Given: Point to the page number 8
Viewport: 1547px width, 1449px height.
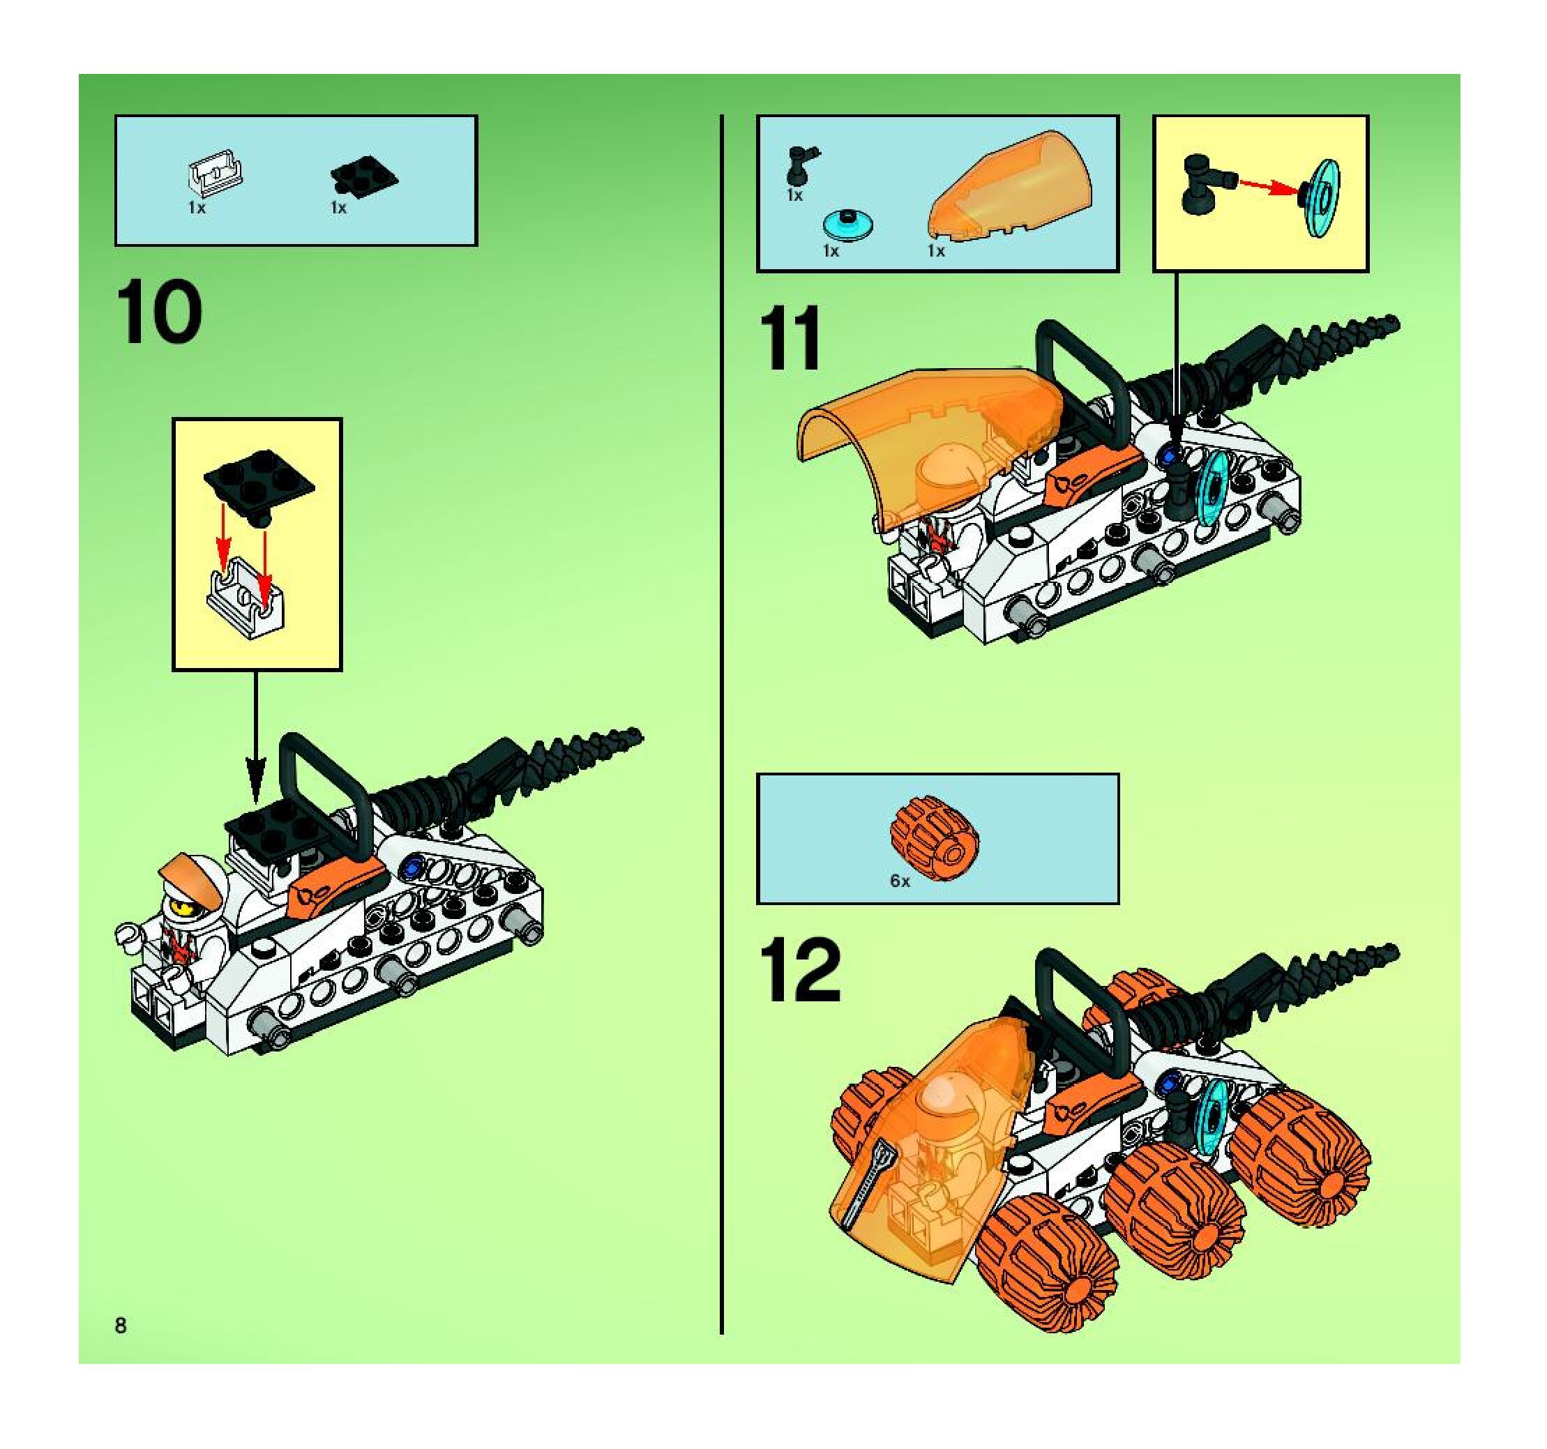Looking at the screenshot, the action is [x=121, y=1326].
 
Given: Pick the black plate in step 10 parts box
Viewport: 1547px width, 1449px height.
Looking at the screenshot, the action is [x=363, y=176].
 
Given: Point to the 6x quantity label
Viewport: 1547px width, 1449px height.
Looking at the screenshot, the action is [x=900, y=881].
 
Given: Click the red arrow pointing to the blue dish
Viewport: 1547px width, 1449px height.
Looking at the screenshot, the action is [x=1269, y=189].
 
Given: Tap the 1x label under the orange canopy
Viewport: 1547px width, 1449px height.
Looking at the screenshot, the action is [x=936, y=250].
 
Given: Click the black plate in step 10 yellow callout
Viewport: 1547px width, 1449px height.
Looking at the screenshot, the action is [x=259, y=484].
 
